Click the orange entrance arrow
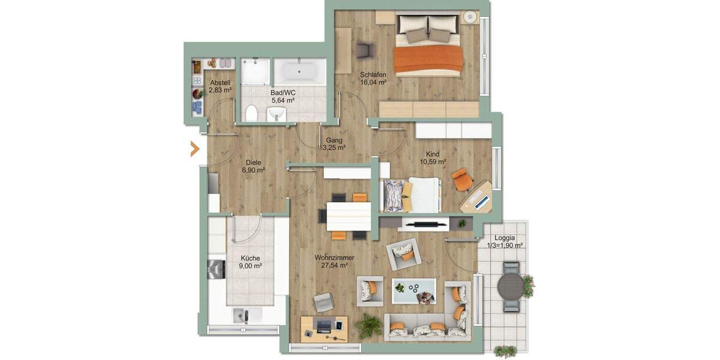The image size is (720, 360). click(194, 149)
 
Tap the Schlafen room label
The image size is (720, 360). click(373, 75)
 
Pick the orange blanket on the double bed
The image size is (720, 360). click(428, 59)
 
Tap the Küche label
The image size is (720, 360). click(250, 258)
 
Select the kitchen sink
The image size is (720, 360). click(242, 314)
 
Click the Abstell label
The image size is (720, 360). click(220, 83)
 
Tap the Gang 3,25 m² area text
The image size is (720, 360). click(334, 147)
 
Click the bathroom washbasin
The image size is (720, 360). click(277, 114)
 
